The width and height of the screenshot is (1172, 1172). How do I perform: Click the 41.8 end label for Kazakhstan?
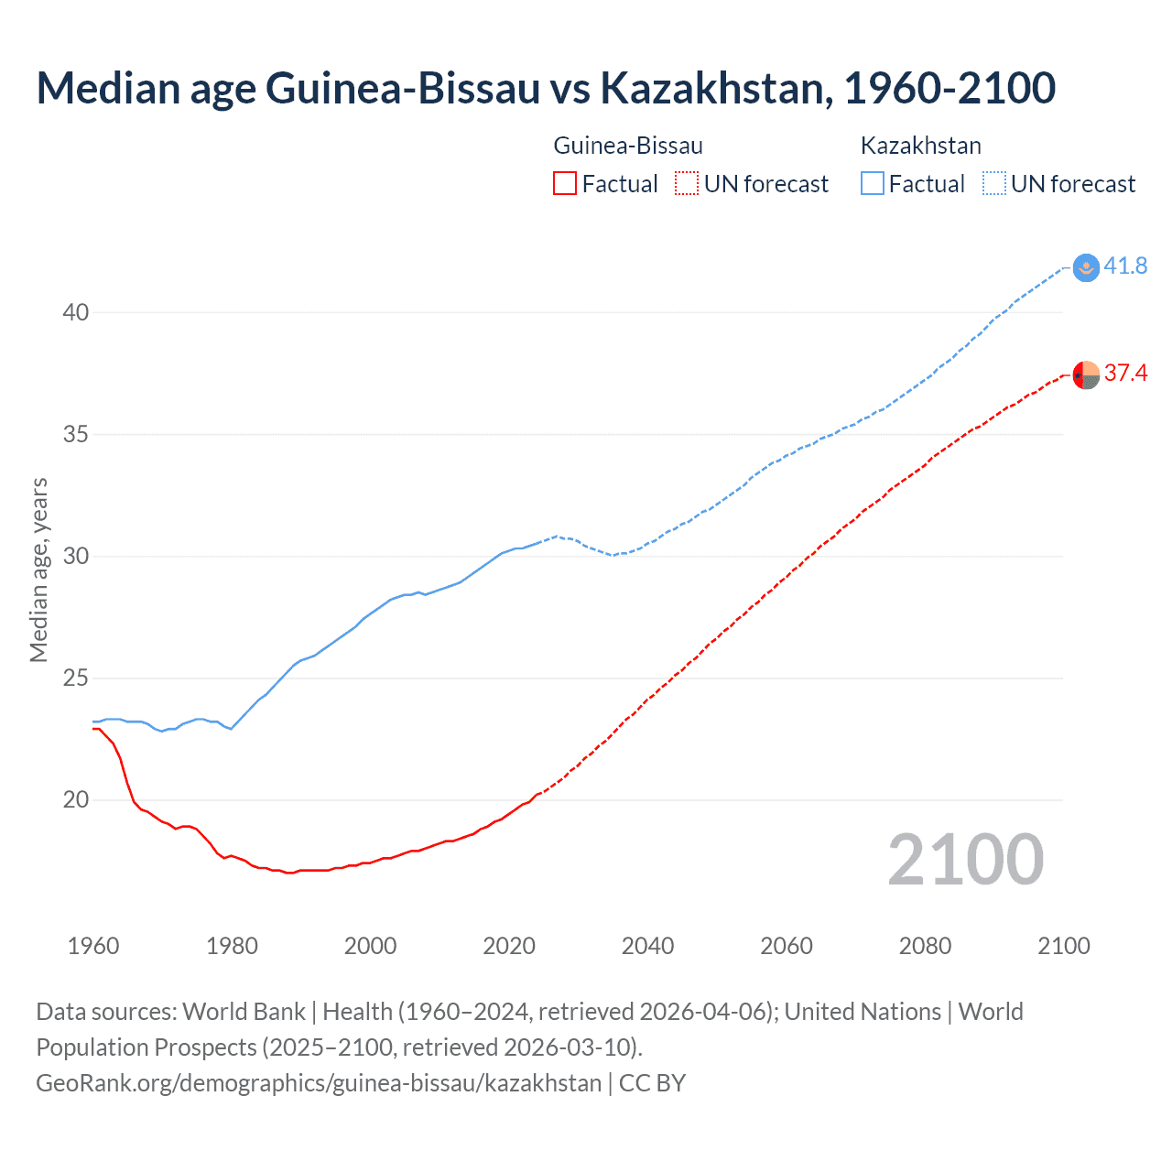(x=1125, y=266)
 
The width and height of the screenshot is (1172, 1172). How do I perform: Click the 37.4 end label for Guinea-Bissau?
(x=1125, y=374)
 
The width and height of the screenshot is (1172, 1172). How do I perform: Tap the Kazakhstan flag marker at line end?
(x=1086, y=267)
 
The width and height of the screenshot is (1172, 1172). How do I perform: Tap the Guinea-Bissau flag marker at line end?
(x=1086, y=375)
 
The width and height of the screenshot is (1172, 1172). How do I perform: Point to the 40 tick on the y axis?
(x=75, y=313)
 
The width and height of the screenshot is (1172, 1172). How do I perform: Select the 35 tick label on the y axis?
(x=75, y=435)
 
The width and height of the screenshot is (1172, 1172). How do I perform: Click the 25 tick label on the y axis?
(x=75, y=678)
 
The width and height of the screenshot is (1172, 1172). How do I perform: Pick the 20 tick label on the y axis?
(x=75, y=800)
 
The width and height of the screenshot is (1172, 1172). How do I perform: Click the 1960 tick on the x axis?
(x=93, y=946)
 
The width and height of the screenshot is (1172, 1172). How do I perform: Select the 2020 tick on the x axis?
(x=509, y=946)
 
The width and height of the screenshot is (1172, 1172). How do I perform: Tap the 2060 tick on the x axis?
(x=787, y=946)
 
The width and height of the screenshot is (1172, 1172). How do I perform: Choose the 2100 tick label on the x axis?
(x=1064, y=946)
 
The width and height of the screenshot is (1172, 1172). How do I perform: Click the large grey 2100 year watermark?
(x=965, y=860)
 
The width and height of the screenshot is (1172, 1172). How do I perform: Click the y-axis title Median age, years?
(x=38, y=570)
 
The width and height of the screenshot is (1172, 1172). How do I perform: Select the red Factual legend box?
(x=565, y=184)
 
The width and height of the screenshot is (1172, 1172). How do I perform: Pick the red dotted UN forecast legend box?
(x=687, y=184)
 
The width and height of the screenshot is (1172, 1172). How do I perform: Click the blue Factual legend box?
(x=873, y=184)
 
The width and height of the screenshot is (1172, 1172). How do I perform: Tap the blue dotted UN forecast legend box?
(x=993, y=184)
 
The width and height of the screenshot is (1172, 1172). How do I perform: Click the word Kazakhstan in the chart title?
(x=715, y=88)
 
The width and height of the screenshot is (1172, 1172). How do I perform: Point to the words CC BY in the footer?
(x=652, y=1083)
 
